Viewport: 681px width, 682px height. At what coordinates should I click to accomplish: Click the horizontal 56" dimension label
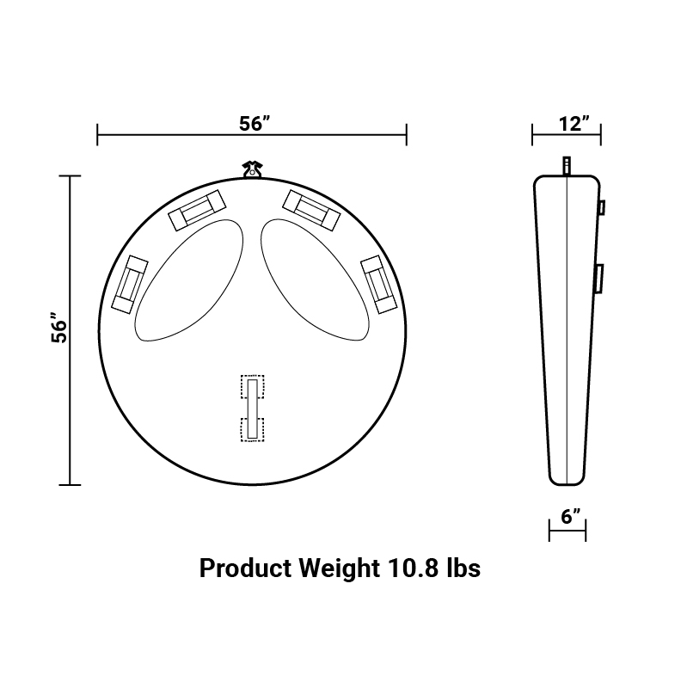pyautogui.click(x=255, y=124)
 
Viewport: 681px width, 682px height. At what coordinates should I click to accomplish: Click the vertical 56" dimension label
pyautogui.click(x=59, y=327)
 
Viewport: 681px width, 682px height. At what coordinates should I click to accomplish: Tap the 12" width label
pyautogui.click(x=574, y=124)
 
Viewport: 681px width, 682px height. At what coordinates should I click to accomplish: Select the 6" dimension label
pyautogui.click(x=571, y=517)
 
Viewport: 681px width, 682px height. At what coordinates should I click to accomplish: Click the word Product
pyautogui.click(x=245, y=568)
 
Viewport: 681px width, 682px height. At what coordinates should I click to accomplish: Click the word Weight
pyautogui.click(x=339, y=568)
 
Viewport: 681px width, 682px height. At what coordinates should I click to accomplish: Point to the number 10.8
pyautogui.click(x=413, y=568)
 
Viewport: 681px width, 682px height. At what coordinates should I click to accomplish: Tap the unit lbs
pyautogui.click(x=463, y=568)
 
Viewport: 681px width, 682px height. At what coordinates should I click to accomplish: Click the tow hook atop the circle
pyautogui.click(x=253, y=169)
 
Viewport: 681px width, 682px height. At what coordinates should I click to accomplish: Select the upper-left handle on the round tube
pyautogui.click(x=197, y=211)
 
